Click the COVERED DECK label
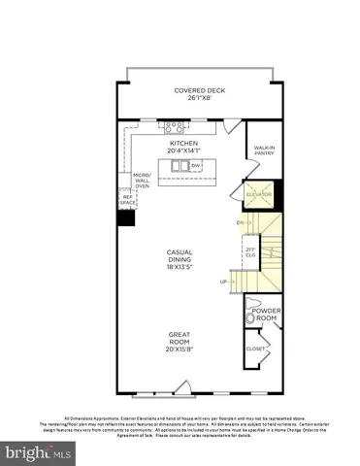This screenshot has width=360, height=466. tap(194, 90)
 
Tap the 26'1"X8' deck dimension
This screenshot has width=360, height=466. tap(194, 98)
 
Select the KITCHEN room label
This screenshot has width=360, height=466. tap(182, 142)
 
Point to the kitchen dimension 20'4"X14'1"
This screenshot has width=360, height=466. tap(182, 150)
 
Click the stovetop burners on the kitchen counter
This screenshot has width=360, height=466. tap(174, 125)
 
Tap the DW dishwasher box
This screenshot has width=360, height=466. tap(196, 166)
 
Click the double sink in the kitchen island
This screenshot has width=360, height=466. tap(180, 166)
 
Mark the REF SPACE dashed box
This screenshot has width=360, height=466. tap(126, 197)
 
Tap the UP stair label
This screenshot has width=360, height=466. tap(224, 282)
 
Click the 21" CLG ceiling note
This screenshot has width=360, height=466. tap(250, 253)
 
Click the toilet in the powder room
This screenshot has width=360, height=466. tap(250, 318)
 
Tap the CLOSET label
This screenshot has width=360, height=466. tap(256, 348)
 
